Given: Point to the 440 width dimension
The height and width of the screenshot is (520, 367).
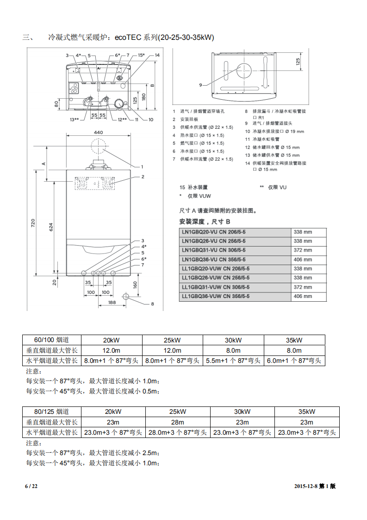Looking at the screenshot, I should pyautogui.click(x=98, y=133).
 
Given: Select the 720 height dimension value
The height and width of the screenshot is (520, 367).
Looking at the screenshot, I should pyautogui.click(x=33, y=223).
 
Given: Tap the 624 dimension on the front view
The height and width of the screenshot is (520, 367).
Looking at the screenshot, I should pyautogui.click(x=51, y=227).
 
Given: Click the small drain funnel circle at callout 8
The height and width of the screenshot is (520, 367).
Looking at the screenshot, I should pyautogui.click(x=125, y=296).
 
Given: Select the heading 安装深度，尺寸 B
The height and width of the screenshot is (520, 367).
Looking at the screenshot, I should pyautogui.click(x=204, y=222).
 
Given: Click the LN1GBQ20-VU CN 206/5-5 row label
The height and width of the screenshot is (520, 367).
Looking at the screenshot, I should pyautogui.click(x=213, y=232).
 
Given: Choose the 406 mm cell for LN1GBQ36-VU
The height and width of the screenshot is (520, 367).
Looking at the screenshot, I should pyautogui.click(x=303, y=260).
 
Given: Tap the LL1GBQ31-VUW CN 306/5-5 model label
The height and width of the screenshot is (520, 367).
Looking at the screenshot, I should pyautogui.click(x=215, y=287).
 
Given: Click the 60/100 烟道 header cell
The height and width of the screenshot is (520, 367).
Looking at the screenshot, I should pyautogui.click(x=52, y=340).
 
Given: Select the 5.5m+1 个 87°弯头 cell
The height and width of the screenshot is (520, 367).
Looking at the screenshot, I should pyautogui.click(x=233, y=361).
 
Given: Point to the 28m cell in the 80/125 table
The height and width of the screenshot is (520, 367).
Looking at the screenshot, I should pyautogui.click(x=178, y=422).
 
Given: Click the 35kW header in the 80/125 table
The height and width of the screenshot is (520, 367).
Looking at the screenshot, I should pyautogui.click(x=307, y=412).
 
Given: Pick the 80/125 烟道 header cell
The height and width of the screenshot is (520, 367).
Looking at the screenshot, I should pyautogui.click(x=52, y=412).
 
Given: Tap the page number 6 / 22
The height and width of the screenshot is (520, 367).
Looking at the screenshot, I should pyautogui.click(x=31, y=486).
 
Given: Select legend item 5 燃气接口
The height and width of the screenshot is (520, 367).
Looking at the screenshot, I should pyautogui.click(x=198, y=143).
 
